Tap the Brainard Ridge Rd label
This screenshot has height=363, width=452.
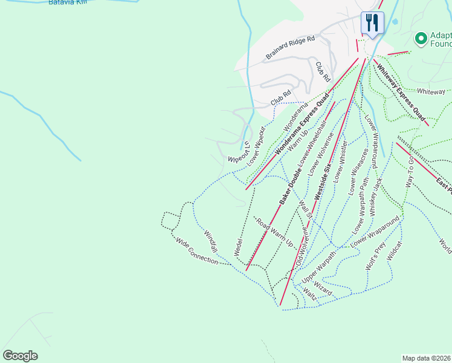[291, 48]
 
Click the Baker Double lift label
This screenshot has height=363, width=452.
[291, 185]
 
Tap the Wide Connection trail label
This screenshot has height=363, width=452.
[196, 250]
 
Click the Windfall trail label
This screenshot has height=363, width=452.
[210, 241]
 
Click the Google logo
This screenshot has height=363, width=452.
[20, 356]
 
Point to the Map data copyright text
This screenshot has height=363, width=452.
[427, 358]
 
